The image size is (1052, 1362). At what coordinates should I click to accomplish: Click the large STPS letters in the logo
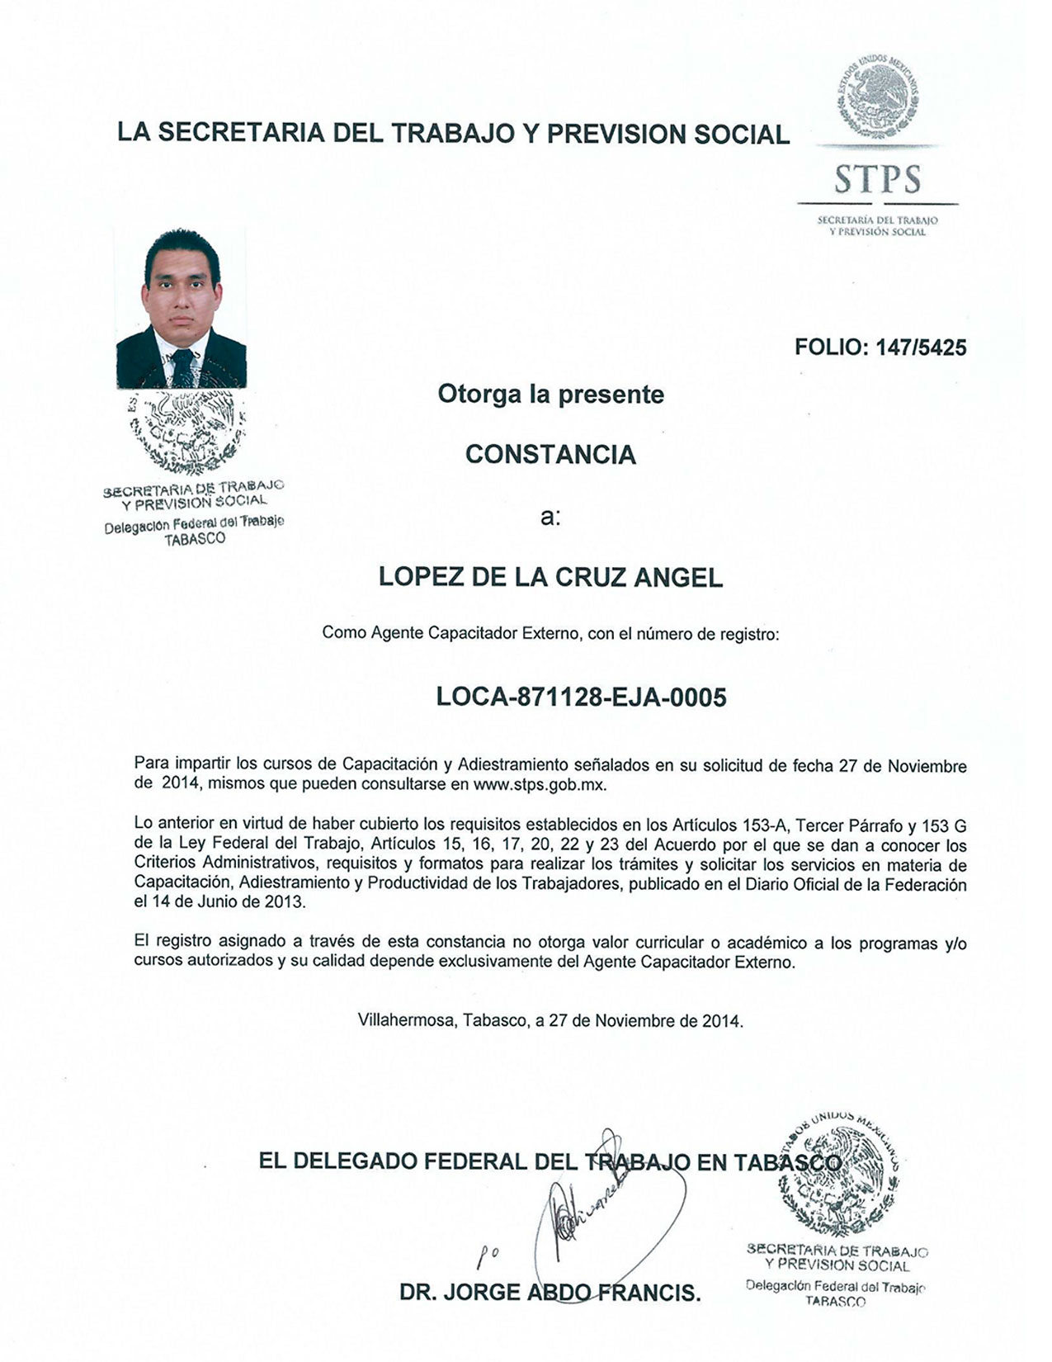876,179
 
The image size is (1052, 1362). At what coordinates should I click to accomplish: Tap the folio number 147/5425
915,348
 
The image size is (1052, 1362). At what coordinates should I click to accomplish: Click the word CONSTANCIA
550,455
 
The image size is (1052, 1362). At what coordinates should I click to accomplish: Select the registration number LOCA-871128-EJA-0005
581,698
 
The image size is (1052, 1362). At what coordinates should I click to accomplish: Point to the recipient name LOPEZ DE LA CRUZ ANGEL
550,578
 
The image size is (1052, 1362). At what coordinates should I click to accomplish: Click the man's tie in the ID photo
183,367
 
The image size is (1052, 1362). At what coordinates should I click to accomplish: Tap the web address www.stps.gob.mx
540,785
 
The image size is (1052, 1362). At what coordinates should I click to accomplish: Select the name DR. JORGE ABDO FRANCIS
550,1293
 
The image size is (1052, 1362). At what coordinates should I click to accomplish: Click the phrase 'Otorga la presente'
550,395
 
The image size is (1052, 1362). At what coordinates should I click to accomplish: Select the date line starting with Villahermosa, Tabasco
550,1020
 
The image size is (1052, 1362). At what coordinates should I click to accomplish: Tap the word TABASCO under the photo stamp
195,539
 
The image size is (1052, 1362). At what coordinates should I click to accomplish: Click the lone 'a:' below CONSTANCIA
550,518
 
